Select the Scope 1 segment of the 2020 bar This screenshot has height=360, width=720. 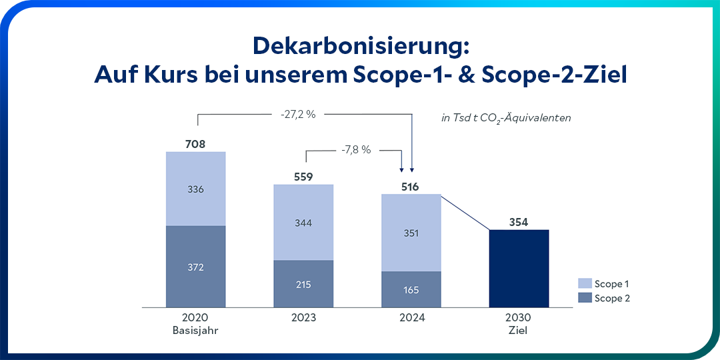[x=196, y=189]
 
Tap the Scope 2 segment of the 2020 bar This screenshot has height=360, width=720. [x=196, y=267]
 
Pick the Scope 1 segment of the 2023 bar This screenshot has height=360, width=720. [x=303, y=222]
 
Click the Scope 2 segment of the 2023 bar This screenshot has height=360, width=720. [x=303, y=284]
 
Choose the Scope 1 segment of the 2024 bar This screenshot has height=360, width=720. [x=411, y=233]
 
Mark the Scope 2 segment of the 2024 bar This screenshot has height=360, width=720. [x=411, y=290]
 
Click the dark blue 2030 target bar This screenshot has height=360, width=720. [x=519, y=269]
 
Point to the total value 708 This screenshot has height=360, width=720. [x=196, y=143]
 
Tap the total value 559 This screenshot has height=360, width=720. [x=303, y=177]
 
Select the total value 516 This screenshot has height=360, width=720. [x=410, y=187]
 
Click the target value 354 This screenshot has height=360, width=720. [x=519, y=222]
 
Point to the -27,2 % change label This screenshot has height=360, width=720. [x=298, y=115]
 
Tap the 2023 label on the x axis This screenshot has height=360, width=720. [x=303, y=318]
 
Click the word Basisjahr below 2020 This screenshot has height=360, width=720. [x=195, y=330]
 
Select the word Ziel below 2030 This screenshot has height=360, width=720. [x=518, y=330]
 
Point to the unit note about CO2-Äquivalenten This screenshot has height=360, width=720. [x=506, y=118]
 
